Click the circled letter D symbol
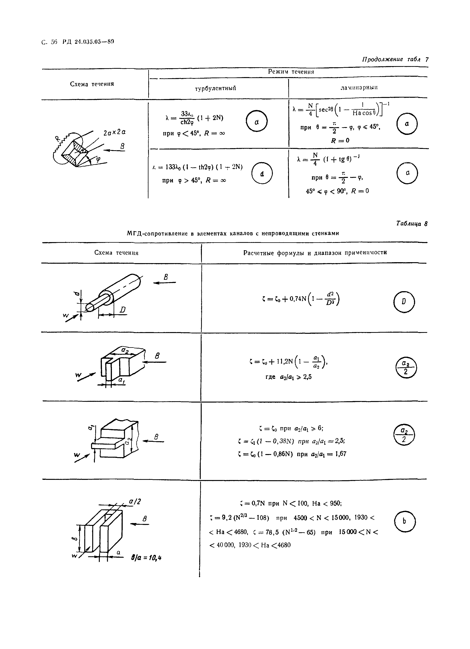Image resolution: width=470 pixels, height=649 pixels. (x=404, y=302)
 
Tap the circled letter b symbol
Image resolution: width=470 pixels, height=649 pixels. (x=404, y=521)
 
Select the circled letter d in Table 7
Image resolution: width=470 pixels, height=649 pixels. (x=262, y=173)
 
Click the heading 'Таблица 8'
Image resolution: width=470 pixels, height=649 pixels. (x=412, y=224)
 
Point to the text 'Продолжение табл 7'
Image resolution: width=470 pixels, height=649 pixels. (x=395, y=59)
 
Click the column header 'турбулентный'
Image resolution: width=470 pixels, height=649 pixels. (x=215, y=88)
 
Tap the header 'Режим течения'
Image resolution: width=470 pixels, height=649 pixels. (x=291, y=72)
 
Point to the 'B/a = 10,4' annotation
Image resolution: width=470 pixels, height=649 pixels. (x=146, y=558)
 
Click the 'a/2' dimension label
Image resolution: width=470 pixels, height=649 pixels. (x=135, y=501)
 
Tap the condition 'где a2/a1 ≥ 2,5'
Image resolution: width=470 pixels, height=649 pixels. (x=288, y=377)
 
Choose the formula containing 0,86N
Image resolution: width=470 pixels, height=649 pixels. (x=292, y=454)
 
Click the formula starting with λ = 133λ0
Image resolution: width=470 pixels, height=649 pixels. (x=198, y=167)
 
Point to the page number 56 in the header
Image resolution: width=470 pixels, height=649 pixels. (x=54, y=42)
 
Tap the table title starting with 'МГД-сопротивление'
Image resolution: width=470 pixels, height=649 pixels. (x=233, y=233)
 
